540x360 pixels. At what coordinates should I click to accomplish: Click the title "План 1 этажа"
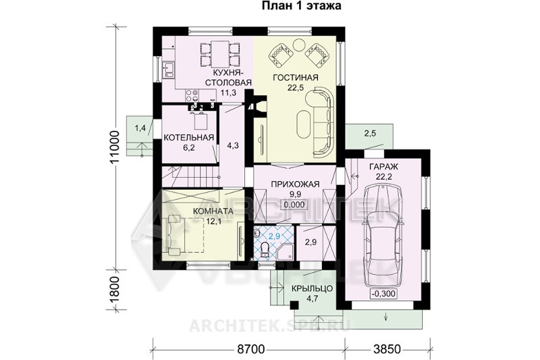coord(302,6)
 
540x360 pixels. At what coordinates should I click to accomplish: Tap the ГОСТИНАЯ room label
coord(296,78)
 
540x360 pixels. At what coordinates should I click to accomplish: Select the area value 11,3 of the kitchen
coord(227,92)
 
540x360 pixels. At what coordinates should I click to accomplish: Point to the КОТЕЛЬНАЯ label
coord(189,138)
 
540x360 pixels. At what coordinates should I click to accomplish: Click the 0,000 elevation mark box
coord(294,205)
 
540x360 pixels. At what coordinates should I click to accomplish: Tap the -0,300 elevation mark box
coord(383,294)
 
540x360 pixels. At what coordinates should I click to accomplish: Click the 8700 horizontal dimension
coord(250,349)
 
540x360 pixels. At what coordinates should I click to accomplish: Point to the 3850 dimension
coord(387,349)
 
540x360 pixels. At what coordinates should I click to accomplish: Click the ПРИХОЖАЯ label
coord(296,184)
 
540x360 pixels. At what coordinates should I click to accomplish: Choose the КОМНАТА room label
coord(213,211)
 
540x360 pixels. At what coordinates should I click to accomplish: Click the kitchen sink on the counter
coord(168,69)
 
